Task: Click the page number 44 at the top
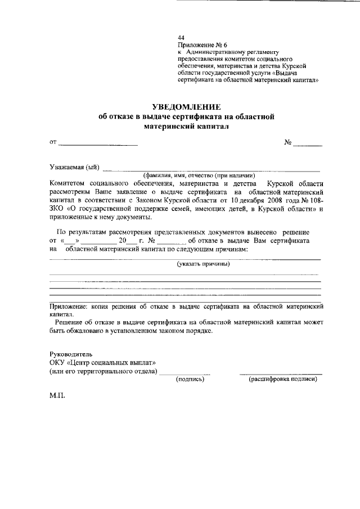[181, 38]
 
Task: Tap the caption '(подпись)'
[190, 379]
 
